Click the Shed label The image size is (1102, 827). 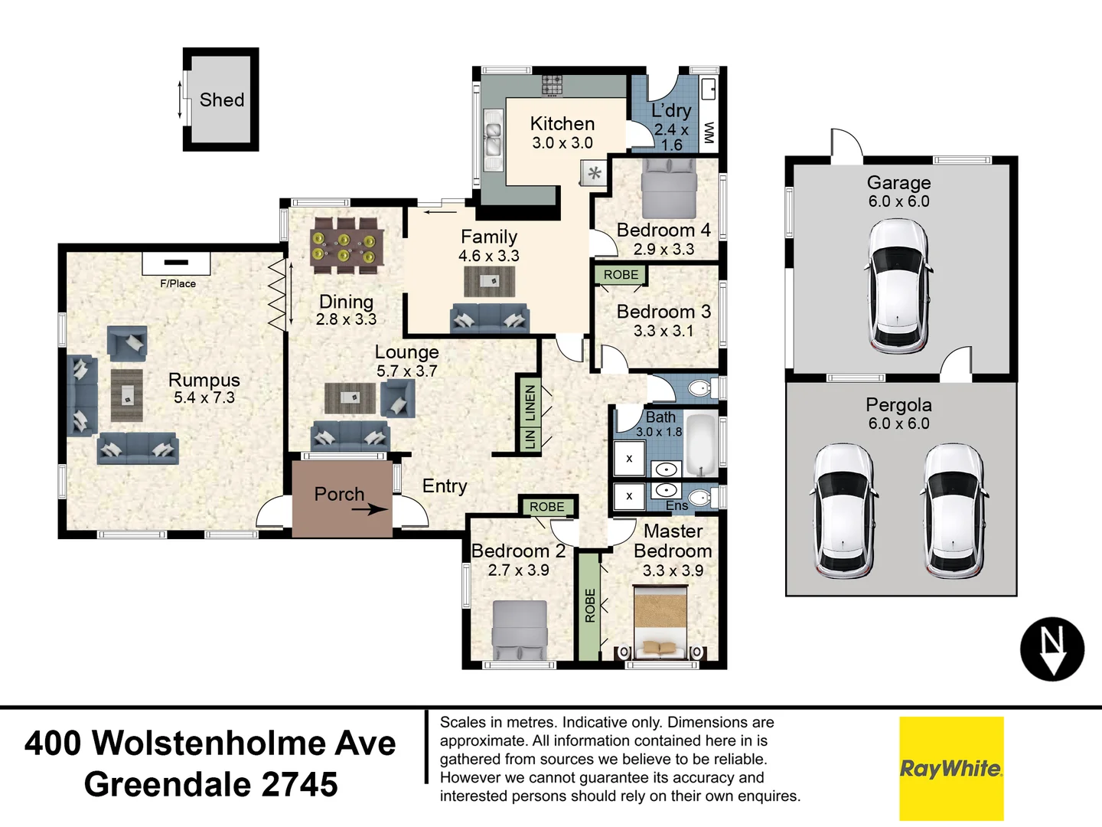click(222, 100)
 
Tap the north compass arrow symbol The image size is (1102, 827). click(1052, 649)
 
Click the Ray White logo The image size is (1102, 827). click(951, 768)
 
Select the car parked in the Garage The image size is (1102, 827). click(898, 286)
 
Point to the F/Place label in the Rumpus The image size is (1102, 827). click(178, 283)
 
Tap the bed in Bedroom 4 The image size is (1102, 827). click(669, 188)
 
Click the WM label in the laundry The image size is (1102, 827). click(709, 133)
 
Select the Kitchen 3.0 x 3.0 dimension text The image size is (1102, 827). click(562, 143)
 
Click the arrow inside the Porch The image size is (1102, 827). click(371, 508)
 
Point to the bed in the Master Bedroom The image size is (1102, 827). click(661, 622)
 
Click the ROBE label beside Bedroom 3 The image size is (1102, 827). click(621, 275)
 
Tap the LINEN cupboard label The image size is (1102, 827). click(530, 403)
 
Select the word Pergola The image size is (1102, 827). click(898, 405)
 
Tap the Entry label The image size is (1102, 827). click(445, 486)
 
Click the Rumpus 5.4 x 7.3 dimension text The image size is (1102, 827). click(204, 398)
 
